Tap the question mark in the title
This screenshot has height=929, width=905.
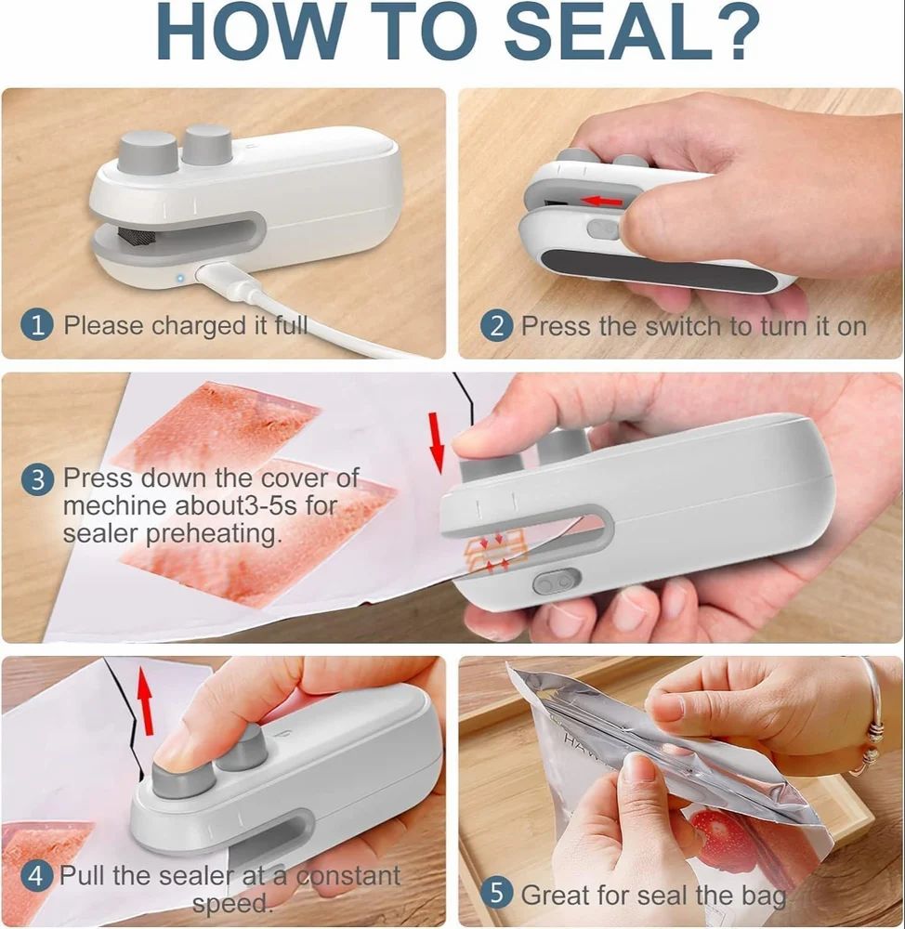point(733,34)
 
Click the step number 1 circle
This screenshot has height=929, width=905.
point(38,326)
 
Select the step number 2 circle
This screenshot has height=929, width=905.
point(496,326)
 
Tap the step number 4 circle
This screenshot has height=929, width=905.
point(38,876)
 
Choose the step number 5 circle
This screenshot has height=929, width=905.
point(496,894)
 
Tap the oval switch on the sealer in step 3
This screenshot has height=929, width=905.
point(556,582)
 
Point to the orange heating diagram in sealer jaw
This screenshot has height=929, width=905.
point(494,552)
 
